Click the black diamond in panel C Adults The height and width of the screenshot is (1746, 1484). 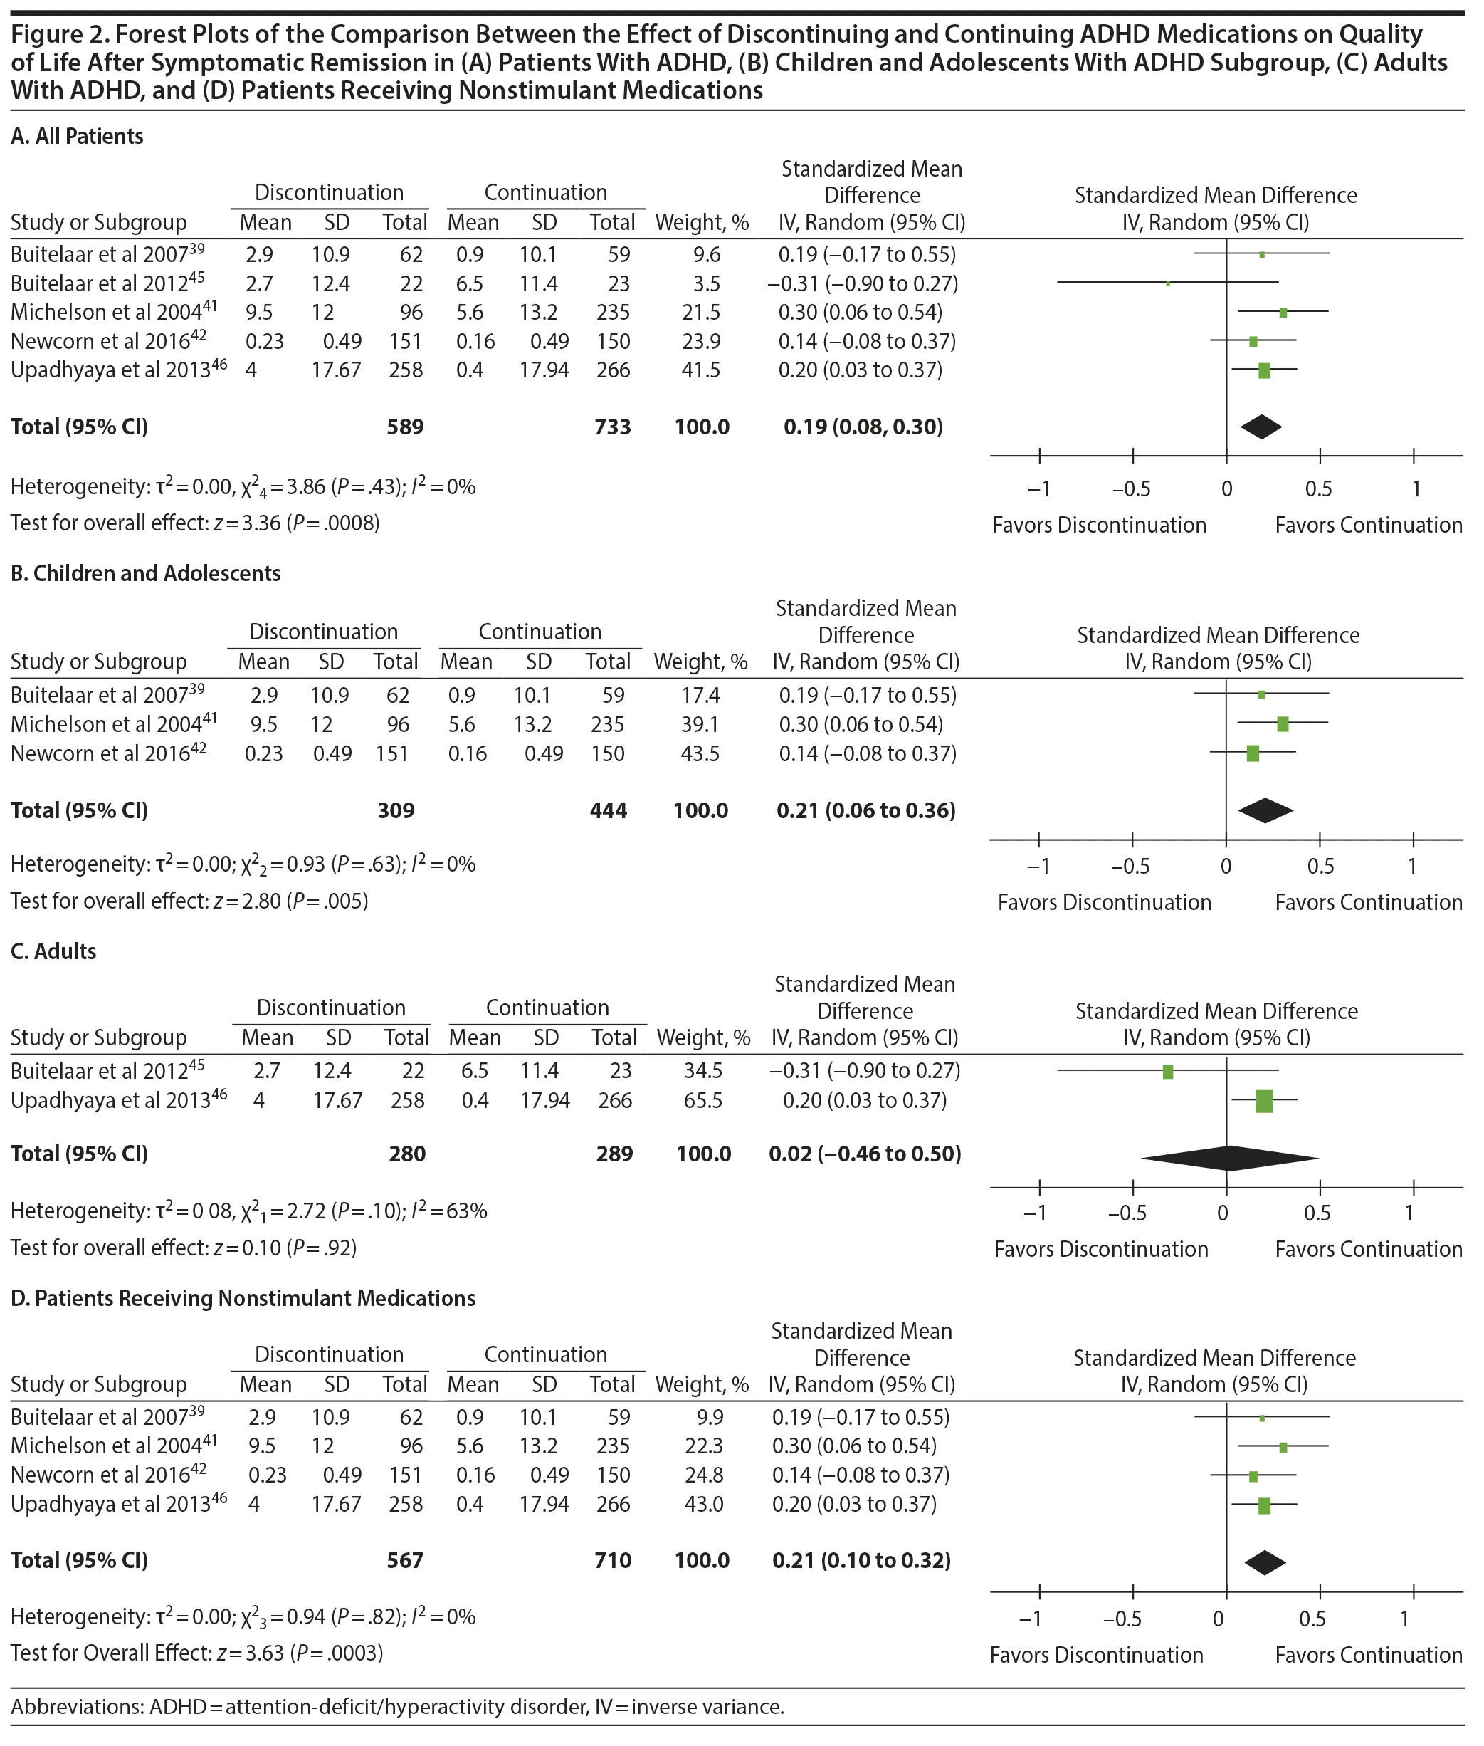[1229, 1158]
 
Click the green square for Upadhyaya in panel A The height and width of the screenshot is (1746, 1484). [1263, 370]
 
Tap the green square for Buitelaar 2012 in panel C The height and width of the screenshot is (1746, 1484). [1168, 1072]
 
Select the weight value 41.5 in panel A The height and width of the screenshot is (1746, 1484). [702, 370]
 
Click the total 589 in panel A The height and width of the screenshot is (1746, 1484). [405, 427]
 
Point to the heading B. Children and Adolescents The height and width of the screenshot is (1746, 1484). [145, 573]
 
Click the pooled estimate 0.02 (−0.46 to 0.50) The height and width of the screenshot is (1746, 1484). [865, 1154]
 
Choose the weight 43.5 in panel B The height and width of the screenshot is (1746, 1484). [700, 753]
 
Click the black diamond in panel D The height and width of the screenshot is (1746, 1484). [1265, 1562]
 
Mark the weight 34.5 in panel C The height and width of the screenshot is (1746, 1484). [702, 1071]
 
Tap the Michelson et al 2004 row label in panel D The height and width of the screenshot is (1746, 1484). [114, 1446]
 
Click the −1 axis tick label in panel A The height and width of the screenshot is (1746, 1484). [1039, 489]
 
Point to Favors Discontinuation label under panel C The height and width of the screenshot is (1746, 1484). [1100, 1250]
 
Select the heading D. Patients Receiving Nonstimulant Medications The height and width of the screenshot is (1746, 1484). [243, 1298]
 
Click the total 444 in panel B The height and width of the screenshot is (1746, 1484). [609, 810]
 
